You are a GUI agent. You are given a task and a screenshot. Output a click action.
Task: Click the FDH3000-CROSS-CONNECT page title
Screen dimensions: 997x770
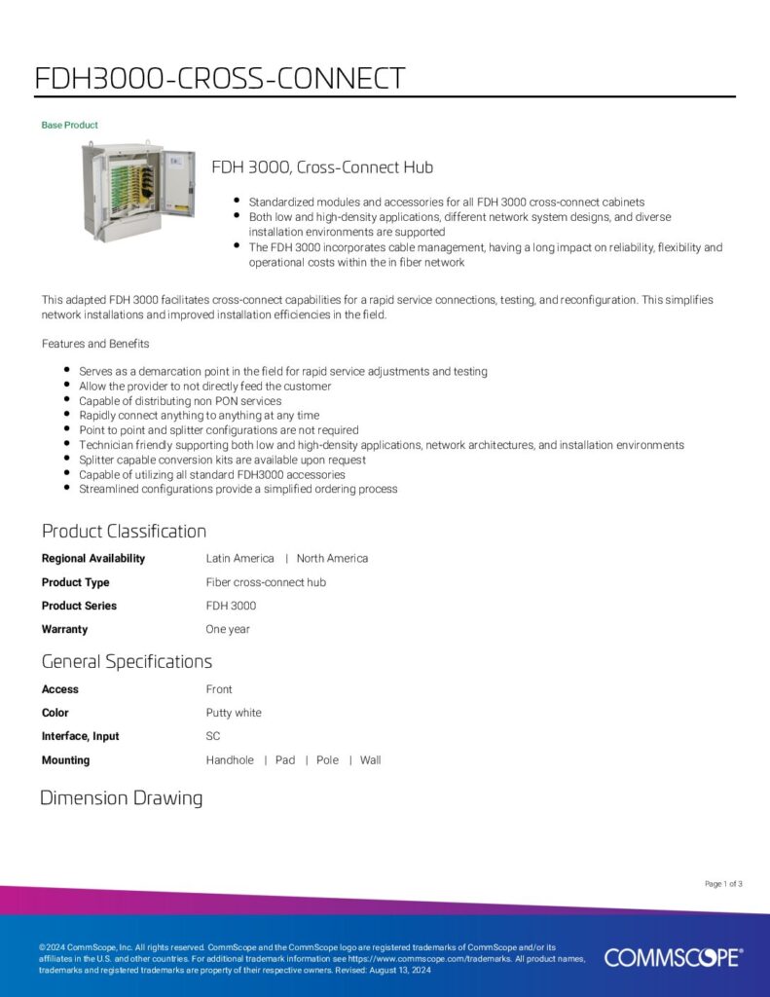coord(219,78)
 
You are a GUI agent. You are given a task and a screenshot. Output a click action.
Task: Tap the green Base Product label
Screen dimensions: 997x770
coord(69,126)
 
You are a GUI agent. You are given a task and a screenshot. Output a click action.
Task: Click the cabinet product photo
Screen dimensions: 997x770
coord(139,192)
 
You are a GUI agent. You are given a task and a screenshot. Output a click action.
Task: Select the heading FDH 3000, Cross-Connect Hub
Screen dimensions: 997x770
coord(322,167)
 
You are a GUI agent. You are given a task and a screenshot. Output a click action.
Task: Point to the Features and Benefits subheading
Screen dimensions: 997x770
coord(95,344)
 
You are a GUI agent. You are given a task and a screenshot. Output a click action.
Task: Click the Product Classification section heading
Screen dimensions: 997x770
coord(124,532)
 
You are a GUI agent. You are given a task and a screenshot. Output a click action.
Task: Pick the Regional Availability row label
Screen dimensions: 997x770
coord(93,559)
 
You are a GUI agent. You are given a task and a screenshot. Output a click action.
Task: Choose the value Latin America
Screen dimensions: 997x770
coord(239,559)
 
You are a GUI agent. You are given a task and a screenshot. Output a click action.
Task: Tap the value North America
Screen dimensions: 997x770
coord(332,559)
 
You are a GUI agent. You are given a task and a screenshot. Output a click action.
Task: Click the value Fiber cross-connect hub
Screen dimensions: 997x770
coord(266,582)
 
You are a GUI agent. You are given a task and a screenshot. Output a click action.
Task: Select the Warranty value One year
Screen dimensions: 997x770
coord(228,629)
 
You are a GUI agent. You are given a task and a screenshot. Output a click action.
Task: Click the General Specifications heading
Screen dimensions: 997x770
coord(127,662)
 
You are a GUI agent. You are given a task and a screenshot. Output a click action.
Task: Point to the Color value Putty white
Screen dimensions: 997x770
coord(234,713)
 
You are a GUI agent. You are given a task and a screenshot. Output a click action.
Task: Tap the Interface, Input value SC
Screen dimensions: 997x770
coord(213,736)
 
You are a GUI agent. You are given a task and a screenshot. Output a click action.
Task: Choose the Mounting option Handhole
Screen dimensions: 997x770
coord(230,760)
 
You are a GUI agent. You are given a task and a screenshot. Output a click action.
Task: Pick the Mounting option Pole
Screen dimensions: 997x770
coord(327,760)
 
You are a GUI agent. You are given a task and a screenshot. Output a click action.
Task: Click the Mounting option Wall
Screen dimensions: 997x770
coord(370,760)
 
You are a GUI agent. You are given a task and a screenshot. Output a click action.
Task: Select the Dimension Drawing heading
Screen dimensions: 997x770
coord(122,798)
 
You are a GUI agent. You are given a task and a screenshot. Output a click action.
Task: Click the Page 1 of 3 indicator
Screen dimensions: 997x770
coord(723,884)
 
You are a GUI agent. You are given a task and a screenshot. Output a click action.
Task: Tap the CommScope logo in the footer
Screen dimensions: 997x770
coord(673,958)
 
